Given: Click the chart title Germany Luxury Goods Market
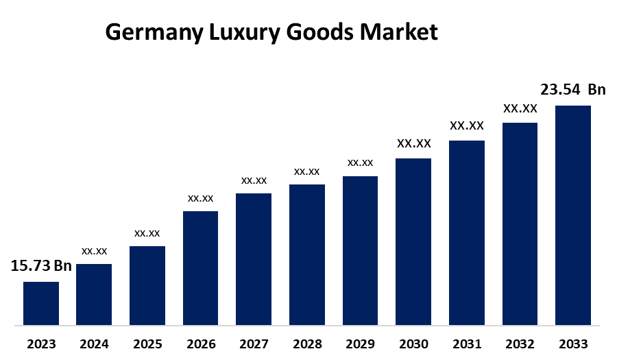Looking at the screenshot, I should coord(271,32).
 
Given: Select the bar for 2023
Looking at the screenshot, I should coord(41,303).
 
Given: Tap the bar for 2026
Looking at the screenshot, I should coord(200,267).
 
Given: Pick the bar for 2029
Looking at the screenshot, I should coord(360,250).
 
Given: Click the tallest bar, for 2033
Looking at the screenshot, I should coord(572,215).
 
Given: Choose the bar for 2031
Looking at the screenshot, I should coord(467,232).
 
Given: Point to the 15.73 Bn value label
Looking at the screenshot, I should coord(41,266).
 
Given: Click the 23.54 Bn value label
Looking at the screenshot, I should coord(573,90).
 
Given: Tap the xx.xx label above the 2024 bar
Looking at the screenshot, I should coord(94,251).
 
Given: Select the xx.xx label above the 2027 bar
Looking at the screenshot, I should coord(254,180).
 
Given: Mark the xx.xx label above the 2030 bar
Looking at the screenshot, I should coord(413,144).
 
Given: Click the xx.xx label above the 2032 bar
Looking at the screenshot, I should coord(520,108).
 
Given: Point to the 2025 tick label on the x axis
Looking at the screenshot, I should coord(147,344).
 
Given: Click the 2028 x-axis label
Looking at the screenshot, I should coord(307,344).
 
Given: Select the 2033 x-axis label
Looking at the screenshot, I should coord(573,344).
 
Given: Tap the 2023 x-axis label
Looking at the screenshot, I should coord(41,344).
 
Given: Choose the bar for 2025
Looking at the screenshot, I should coord(147,285).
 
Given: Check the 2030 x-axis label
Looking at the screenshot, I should coord(413,344).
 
